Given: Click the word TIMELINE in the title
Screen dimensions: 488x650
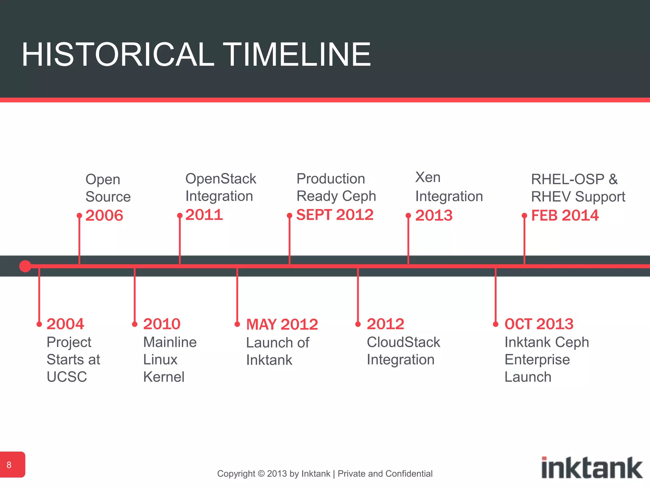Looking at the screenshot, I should coord(297,55).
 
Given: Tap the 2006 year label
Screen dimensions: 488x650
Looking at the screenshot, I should coord(104,215).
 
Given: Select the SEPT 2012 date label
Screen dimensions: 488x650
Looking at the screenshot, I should coord(335,215).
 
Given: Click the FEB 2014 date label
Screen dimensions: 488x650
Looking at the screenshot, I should coord(565,215).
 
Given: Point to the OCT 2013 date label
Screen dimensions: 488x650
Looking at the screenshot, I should coord(539,324).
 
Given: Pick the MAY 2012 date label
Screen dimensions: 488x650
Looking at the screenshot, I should coord(282,324).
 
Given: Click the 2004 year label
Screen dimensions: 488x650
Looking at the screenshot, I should coord(65,324).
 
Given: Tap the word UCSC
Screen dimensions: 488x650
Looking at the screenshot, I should coord(67,377).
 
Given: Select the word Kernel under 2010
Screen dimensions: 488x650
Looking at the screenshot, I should coord(163,377).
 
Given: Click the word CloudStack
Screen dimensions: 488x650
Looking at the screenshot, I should coord(403,342).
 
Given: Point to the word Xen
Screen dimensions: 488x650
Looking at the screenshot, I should coord(428,177).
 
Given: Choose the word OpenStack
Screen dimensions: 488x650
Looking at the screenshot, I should coord(221,179).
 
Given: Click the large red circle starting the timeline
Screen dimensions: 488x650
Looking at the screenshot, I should coord(25,266).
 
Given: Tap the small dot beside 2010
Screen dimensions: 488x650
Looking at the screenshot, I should coord(135,324).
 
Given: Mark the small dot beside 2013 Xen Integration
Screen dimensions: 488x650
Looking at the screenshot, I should coord(408,216).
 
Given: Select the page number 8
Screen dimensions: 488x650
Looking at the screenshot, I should coord(9,465).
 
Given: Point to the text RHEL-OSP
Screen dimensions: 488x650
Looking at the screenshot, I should coord(567,179).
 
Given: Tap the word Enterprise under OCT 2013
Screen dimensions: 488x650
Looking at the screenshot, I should coord(537,360).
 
